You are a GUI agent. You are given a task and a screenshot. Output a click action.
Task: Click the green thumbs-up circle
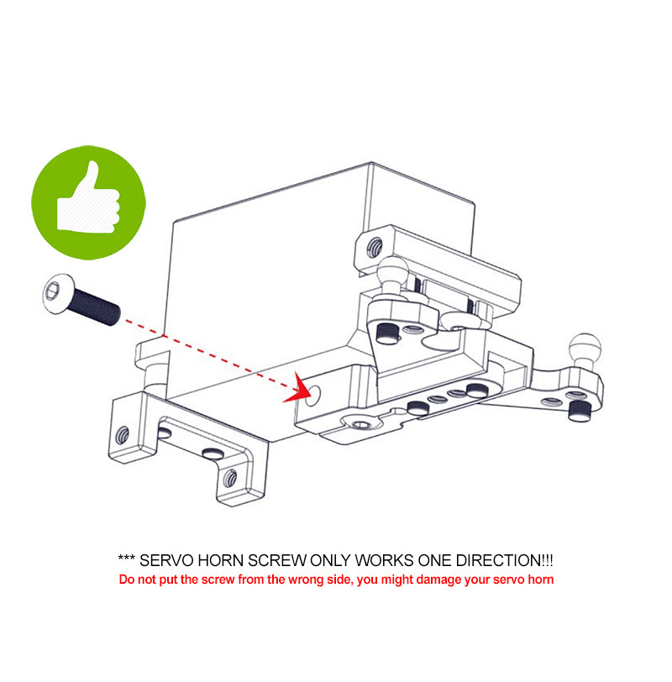[88, 202]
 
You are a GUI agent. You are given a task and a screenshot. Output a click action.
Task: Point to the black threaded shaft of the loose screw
[96, 307]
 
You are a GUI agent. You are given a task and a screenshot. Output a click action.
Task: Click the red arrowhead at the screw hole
[298, 388]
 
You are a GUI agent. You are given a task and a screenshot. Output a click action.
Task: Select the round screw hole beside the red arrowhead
[312, 395]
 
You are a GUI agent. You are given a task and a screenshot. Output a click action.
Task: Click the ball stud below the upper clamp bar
[393, 274]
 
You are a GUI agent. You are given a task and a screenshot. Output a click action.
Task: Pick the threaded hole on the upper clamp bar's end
[375, 247]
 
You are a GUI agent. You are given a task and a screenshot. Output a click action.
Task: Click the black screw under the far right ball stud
[580, 410]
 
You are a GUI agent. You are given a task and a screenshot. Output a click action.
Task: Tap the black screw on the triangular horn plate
[387, 333]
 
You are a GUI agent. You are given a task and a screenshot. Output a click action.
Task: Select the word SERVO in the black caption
[166, 560]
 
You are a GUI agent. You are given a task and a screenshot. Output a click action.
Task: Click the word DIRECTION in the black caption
[498, 560]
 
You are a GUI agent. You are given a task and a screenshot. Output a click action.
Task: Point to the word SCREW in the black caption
[276, 560]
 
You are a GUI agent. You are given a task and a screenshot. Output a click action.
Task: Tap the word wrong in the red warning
[303, 580]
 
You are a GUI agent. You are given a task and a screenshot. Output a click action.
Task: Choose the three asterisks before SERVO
[126, 557]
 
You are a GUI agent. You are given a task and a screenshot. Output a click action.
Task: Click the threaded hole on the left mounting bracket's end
[123, 434]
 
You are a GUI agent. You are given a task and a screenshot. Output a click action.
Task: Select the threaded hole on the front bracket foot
[230, 479]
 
